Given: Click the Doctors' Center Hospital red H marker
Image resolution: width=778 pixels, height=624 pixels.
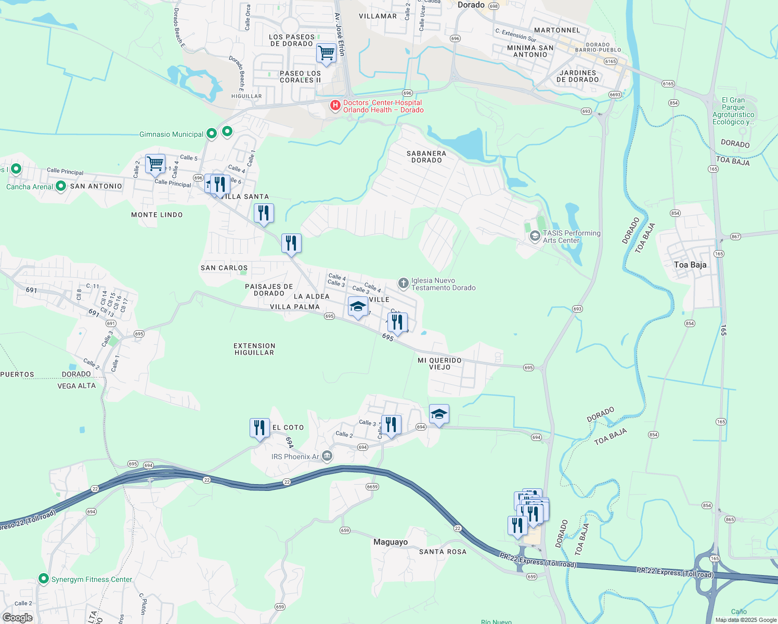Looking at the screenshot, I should coord(335,106).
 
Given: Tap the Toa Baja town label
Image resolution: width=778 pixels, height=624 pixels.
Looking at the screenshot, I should coord(690,265).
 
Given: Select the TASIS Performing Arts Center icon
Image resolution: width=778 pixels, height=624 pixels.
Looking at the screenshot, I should coord(535,237).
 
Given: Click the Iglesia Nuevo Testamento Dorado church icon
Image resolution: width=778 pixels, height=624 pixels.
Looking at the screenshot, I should coord(403,283).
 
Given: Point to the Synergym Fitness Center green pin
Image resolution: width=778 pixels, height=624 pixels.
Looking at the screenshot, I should coord(44,579).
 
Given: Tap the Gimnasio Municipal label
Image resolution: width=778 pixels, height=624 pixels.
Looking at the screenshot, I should coord(171,134).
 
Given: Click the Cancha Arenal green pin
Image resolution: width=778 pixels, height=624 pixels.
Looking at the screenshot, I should coord(60,186).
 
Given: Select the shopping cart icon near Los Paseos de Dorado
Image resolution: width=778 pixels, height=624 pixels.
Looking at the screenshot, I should coord(326,53).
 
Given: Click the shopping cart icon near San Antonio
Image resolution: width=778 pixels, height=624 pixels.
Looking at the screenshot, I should coord(155,164).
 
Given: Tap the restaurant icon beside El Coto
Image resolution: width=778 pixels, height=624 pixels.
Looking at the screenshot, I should coord(260,428).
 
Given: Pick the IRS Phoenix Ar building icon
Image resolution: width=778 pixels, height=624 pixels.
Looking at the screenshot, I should coord(327,456).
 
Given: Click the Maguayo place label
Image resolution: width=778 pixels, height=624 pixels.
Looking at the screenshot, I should coord(391,542).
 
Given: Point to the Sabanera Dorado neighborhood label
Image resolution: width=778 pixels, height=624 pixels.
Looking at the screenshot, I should coord(426,157).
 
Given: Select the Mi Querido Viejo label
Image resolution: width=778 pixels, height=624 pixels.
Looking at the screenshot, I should coord(439,363).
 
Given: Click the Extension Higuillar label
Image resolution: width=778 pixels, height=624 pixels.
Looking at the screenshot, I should coord(254,349).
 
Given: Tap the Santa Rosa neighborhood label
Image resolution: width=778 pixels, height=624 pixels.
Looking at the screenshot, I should coord(443,552).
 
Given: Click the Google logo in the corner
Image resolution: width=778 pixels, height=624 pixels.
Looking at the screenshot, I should coord(18,618).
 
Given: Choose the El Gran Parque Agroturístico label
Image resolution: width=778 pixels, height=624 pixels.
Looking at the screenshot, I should coord(733,111).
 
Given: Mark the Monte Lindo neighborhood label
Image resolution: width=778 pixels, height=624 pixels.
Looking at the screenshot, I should coord(157,215).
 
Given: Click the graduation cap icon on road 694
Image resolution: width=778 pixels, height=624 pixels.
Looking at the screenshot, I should coord(439,414).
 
